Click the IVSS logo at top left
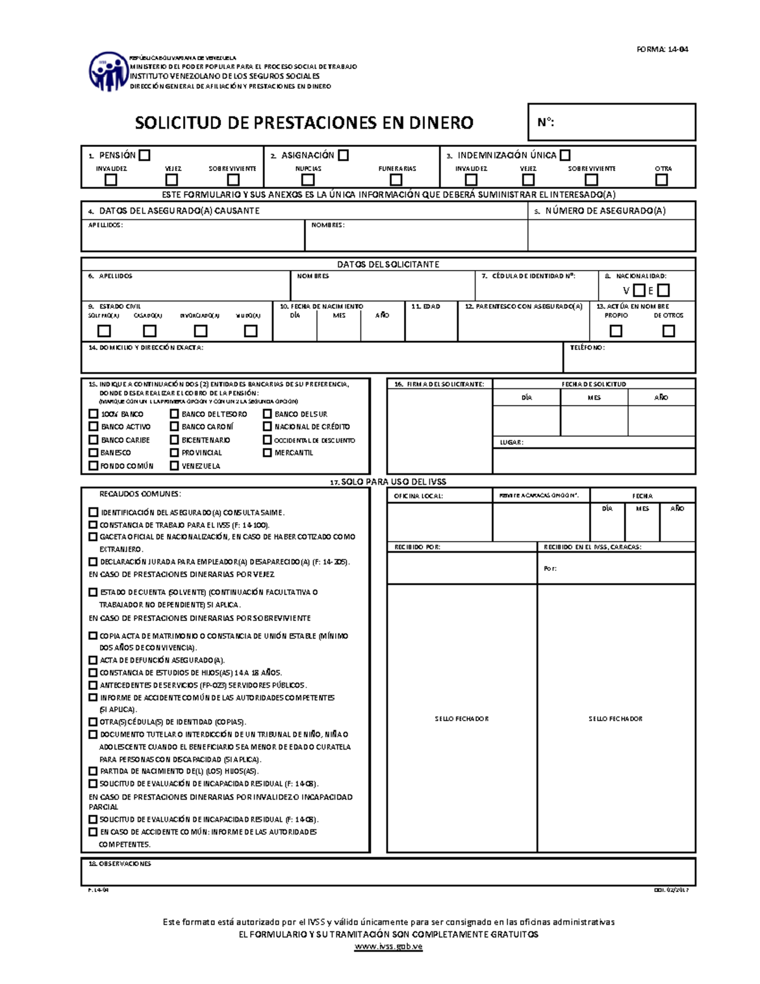tap(108, 71)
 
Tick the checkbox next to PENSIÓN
tap(145, 155)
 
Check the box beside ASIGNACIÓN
tap(343, 155)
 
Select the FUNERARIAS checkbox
tap(396, 180)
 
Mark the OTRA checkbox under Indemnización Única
tap(662, 180)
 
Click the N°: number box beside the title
tap(612, 122)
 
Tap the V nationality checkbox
tap(640, 291)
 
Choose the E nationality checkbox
tap(663, 291)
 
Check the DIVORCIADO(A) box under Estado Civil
tap(201, 331)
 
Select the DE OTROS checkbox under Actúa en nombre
tap(668, 331)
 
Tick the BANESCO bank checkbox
tap(94, 452)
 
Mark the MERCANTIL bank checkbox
tap(267, 452)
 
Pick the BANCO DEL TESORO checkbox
tap(174, 414)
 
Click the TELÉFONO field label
tap(587, 348)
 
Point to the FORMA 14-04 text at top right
tap(662, 49)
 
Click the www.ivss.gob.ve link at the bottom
tap(388, 947)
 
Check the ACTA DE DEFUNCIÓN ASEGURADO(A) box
tap(94, 660)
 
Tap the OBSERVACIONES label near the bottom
tap(120, 864)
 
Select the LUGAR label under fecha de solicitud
tap(511, 442)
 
